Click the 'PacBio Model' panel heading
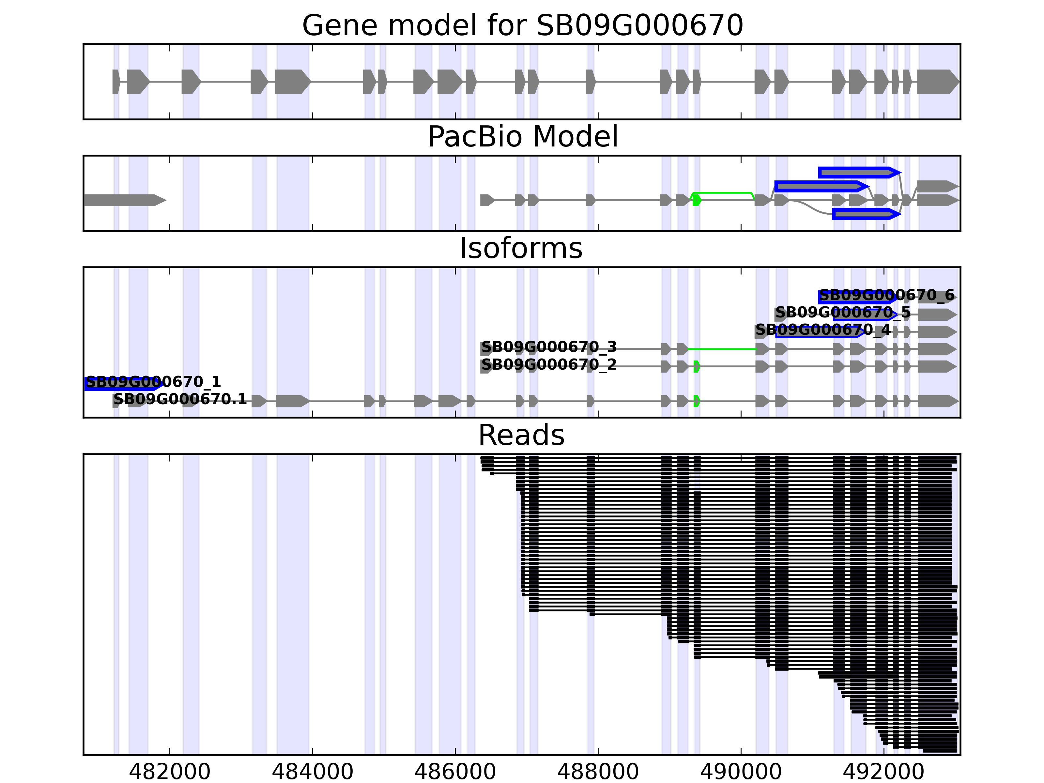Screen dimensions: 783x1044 pyautogui.click(x=522, y=137)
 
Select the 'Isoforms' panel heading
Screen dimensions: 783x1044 pyautogui.click(x=521, y=248)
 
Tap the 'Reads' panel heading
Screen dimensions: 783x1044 pyautogui.click(x=521, y=435)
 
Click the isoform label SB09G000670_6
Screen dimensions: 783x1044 pyautogui.click(x=886, y=296)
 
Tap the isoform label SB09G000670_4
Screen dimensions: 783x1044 pyautogui.click(x=823, y=330)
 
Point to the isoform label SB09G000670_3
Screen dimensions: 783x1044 pyautogui.click(x=548, y=347)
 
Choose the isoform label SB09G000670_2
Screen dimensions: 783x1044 pyautogui.click(x=548, y=364)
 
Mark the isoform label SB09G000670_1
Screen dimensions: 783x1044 pyautogui.click(x=153, y=382)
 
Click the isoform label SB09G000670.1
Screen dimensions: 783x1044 pyautogui.click(x=180, y=399)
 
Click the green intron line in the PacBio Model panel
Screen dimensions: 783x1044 pyautogui.click(x=722, y=192)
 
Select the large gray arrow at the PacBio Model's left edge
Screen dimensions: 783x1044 pyautogui.click(x=124, y=200)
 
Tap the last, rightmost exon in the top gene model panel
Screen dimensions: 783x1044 pyautogui.click(x=937, y=82)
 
